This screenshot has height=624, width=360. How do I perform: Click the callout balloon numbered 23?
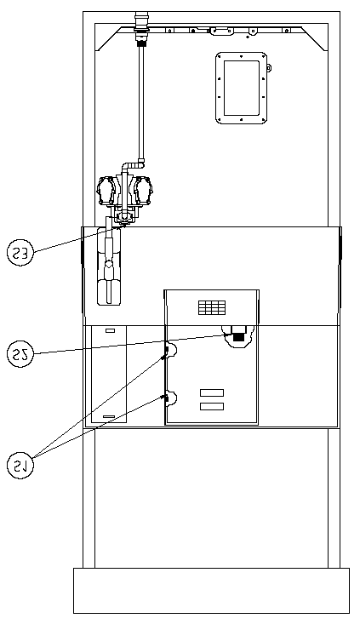pyautogui.click(x=20, y=253)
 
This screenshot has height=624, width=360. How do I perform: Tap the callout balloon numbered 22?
pyautogui.click(x=20, y=354)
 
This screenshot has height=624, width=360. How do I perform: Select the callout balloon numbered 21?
pyautogui.click(x=20, y=465)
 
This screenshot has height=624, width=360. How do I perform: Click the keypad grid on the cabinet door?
pyautogui.click(x=212, y=307)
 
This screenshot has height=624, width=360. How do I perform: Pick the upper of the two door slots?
pyautogui.click(x=212, y=392)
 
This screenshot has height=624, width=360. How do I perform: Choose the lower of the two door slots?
pyautogui.click(x=212, y=406)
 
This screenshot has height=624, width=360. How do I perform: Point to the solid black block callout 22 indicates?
pyautogui.click(x=238, y=336)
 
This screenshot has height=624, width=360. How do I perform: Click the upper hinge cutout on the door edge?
pyautogui.click(x=171, y=349)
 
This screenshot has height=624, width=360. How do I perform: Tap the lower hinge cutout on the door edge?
pyautogui.click(x=171, y=398)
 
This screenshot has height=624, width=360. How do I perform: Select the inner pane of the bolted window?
pyautogui.click(x=242, y=88)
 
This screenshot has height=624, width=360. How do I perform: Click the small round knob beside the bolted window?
pyautogui.click(x=269, y=68)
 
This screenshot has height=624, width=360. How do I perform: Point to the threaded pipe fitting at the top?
pyautogui.click(x=140, y=28)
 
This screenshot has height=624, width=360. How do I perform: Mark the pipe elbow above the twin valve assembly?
pyautogui.click(x=134, y=164)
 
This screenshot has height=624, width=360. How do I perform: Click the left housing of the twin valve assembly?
pyautogui.click(x=107, y=191)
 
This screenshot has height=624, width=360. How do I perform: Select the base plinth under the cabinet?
pyautogui.click(x=211, y=591)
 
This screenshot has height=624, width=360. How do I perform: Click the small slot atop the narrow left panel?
pyautogui.click(x=110, y=330)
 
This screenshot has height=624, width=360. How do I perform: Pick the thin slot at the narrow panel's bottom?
pyautogui.click(x=109, y=416)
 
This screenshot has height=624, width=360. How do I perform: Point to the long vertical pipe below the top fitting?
pyautogui.click(x=140, y=103)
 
